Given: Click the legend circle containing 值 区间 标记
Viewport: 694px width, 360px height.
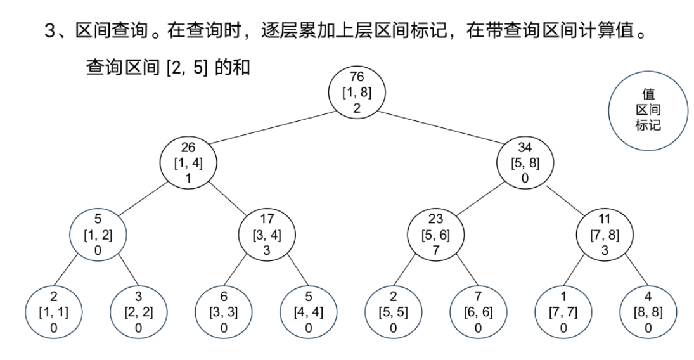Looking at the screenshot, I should (x=648, y=110).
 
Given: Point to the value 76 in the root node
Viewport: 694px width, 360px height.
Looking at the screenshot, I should (x=357, y=77).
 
